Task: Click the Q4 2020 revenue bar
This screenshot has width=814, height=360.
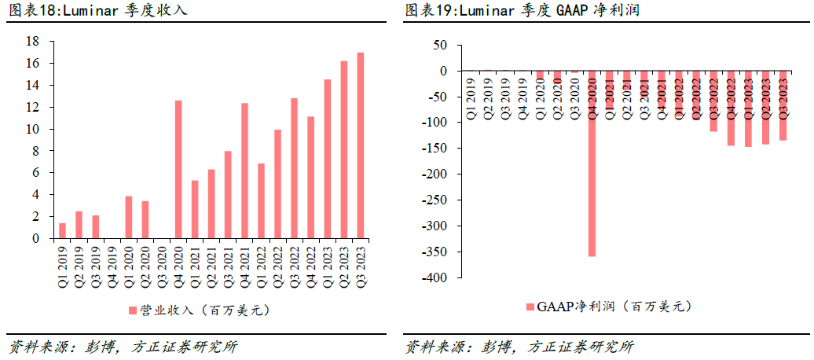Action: pyautogui.click(x=178, y=169)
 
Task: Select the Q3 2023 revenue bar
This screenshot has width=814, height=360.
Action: pyautogui.click(x=361, y=145)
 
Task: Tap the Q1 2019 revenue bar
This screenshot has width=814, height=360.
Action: pyautogui.click(x=62, y=230)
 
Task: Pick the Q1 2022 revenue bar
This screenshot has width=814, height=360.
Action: pyautogui.click(x=261, y=200)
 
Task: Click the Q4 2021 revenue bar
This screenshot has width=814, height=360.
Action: pyautogui.click(x=244, y=171)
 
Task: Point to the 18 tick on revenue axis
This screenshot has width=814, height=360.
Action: pyautogui.click(x=34, y=41)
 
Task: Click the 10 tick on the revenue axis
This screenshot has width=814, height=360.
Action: pyautogui.click(x=34, y=129)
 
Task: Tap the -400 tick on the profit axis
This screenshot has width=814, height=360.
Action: pyautogui.click(x=437, y=278)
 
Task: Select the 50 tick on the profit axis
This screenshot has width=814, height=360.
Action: pyautogui.click(x=442, y=46)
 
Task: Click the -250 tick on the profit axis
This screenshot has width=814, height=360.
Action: pyautogui.click(x=437, y=200)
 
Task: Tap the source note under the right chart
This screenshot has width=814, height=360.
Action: pyautogui.click(x=519, y=347)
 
